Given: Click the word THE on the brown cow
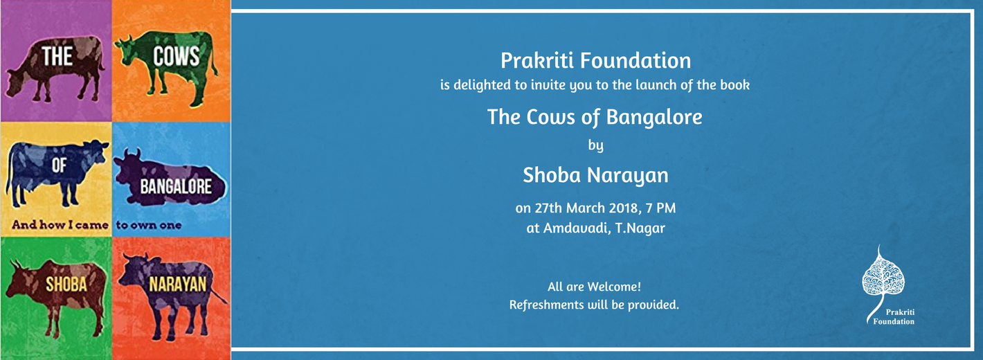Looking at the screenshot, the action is click(57, 57).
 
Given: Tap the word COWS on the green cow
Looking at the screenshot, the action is click(177, 57).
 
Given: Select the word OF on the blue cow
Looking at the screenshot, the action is click(60, 165).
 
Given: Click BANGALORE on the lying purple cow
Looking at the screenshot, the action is click(176, 187).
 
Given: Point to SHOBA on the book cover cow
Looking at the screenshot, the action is click(66, 285).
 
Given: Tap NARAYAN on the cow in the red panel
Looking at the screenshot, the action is click(178, 285).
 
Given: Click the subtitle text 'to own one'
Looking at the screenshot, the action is click(149, 225).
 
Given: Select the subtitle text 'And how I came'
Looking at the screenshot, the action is click(60, 225).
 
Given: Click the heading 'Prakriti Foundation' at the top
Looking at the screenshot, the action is click(596, 61).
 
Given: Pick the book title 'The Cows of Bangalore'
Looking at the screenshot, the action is click(595, 117).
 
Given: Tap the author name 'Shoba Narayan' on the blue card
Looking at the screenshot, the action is click(595, 175).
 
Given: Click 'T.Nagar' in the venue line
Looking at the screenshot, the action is click(640, 228).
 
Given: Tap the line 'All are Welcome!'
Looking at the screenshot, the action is click(594, 287).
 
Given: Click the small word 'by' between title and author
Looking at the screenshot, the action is click(595, 145).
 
